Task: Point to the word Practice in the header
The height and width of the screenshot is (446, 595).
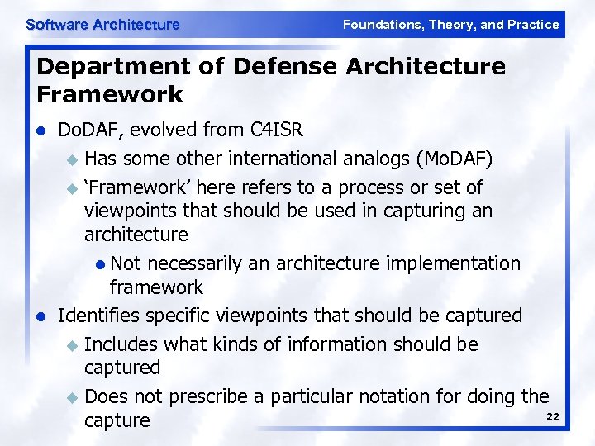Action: pos(534,25)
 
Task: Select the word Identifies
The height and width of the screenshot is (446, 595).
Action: pos(98,316)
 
